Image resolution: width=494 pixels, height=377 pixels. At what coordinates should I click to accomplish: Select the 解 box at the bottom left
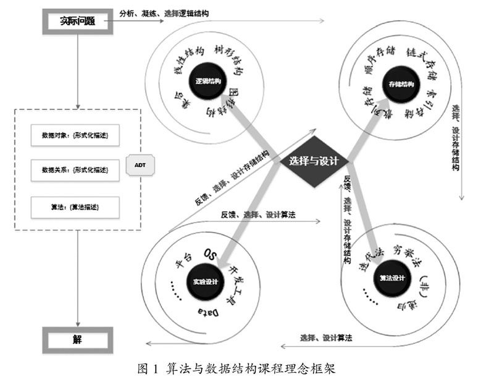pyautogui.click(x=77, y=339)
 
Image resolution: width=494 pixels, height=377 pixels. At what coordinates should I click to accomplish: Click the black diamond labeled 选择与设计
pyautogui.click(x=313, y=161)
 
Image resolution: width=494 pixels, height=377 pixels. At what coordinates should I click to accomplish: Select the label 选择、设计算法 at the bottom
pyautogui.click(x=326, y=337)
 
